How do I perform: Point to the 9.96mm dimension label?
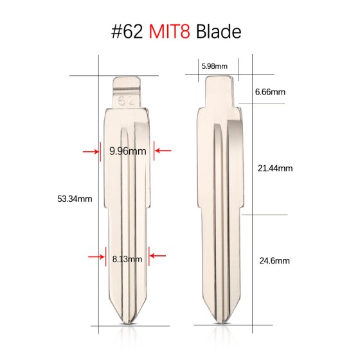pos(128,152)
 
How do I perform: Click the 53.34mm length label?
pos(75,198)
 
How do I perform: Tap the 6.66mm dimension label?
pos(270,93)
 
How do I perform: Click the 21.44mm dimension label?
pos(275,168)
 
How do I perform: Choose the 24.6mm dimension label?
pos(274,261)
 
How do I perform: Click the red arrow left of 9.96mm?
pos(89,152)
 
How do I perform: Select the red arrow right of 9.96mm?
pos(164,152)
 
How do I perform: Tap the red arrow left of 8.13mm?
pos(95,257)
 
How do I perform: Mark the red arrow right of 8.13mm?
pos(157,257)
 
